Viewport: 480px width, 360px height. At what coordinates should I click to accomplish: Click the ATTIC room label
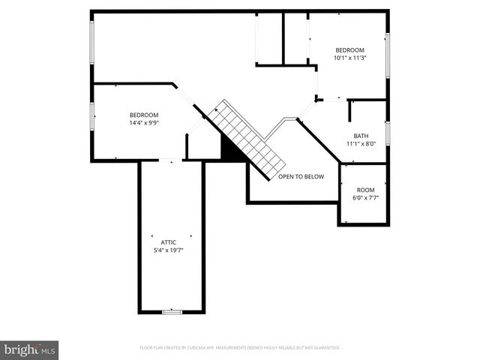pos(168,242)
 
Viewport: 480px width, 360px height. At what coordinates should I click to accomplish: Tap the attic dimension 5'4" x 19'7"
pos(168,250)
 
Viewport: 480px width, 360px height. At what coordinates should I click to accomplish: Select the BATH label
pos(361,136)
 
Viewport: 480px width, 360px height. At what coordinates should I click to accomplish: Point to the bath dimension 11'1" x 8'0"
pos(361,144)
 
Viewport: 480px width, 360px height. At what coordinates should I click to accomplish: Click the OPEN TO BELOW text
pos(301,177)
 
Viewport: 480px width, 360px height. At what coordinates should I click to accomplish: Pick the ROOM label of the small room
pos(365,190)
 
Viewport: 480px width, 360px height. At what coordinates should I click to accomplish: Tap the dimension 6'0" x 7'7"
pos(365,198)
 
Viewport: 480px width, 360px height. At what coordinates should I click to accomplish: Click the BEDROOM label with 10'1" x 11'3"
pos(349,49)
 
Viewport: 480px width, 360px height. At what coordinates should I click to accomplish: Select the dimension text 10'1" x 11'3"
pos(349,58)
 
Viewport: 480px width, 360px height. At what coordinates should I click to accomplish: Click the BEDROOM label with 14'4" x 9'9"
pos(144,115)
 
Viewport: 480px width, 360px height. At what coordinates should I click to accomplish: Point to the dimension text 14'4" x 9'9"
pos(144,123)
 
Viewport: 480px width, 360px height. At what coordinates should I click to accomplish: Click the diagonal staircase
pos(247,139)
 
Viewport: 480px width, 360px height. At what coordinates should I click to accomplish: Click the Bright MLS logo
pos(30,349)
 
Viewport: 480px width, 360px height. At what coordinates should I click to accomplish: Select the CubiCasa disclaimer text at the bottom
pos(240,348)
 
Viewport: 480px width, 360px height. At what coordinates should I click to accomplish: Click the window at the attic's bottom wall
pos(172,311)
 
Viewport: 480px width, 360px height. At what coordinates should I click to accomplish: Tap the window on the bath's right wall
pos(388,133)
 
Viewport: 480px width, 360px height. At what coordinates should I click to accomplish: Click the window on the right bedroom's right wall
pos(388,54)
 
